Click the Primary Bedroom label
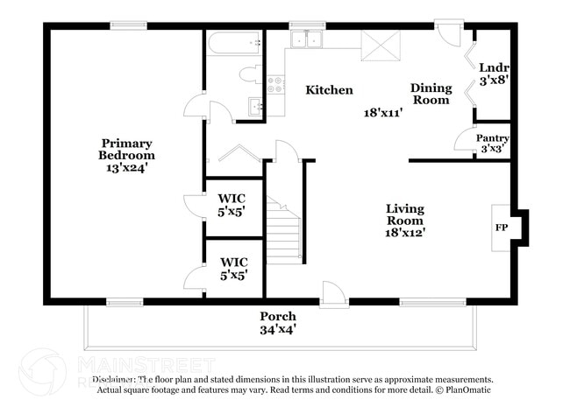(126, 150)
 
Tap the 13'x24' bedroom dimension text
(126, 168)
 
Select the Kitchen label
(329, 90)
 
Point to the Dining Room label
(431, 94)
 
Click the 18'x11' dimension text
(382, 113)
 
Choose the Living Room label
(405, 214)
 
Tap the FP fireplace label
(502, 227)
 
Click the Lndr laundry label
(495, 68)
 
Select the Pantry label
(493, 138)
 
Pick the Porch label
(277, 316)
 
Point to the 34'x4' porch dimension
(277, 330)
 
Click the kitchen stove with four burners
(276, 85)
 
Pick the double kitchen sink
(307, 40)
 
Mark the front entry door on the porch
(332, 295)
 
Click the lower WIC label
(233, 268)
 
